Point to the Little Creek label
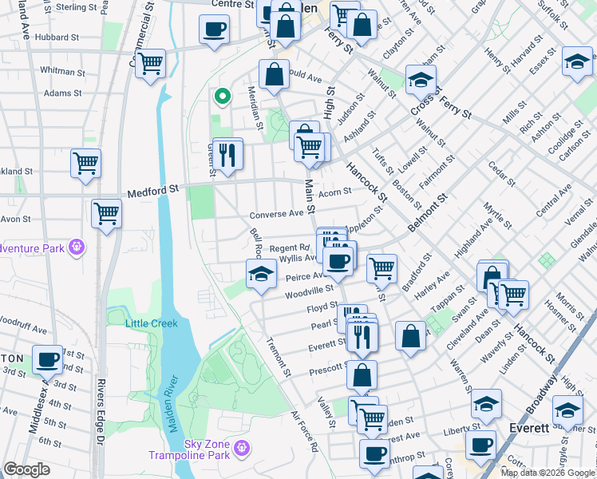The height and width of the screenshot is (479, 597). click(152, 323)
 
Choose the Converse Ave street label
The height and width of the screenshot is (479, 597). click(276, 214)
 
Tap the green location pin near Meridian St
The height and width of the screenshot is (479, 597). click(223, 97)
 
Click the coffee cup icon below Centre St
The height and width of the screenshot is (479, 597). click(214, 31)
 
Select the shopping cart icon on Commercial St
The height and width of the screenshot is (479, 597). click(149, 63)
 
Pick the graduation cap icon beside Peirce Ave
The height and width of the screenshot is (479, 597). click(261, 275)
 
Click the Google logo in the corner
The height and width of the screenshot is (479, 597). click(26, 469)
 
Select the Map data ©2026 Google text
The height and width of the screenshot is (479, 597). click(547, 473)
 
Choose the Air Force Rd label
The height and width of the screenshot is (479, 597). click(303, 433)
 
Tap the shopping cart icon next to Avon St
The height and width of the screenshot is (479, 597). click(106, 214)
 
